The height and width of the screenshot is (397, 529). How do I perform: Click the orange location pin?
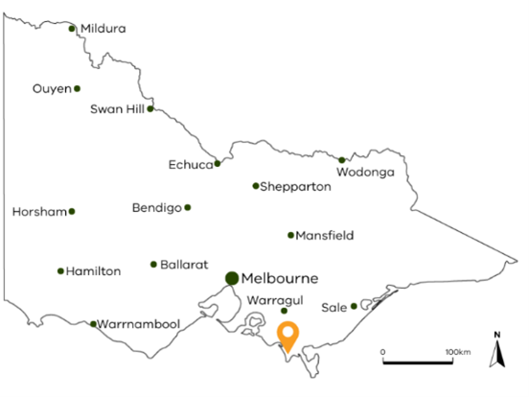[x=287, y=337]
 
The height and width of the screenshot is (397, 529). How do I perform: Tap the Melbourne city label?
[x=280, y=279]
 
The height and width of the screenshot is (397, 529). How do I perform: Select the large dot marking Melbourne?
[x=232, y=278]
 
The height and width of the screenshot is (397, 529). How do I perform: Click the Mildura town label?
[x=103, y=29]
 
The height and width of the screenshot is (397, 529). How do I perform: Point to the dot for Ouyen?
[x=77, y=89]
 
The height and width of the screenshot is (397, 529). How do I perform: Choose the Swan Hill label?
[x=116, y=109]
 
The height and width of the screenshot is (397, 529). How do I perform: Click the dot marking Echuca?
[x=218, y=163]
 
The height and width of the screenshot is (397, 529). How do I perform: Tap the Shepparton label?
[x=296, y=187]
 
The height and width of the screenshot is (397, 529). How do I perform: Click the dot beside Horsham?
[x=71, y=211]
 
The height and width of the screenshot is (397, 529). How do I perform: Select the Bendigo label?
[x=156, y=208]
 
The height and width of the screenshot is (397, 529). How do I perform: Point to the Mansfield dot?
[x=290, y=235]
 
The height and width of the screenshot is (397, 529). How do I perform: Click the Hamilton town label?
[x=94, y=271]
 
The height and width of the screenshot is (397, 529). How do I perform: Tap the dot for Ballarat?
[x=153, y=264]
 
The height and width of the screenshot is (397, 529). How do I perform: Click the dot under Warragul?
[x=284, y=311]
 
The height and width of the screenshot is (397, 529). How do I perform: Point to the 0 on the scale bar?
[x=382, y=353]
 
